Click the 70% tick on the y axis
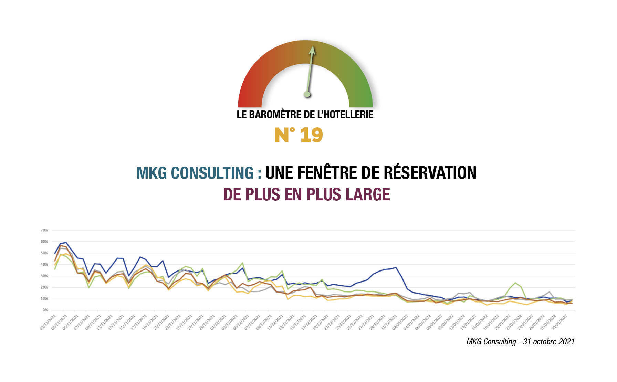(44, 230)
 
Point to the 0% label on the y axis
(45, 310)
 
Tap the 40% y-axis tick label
(44, 264)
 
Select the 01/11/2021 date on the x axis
(48, 322)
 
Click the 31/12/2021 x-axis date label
(389, 322)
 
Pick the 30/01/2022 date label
(560, 322)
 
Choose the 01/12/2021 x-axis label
(219, 322)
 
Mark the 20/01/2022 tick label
(503, 322)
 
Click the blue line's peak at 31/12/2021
(396, 267)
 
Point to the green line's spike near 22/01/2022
(515, 283)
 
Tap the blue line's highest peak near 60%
(66, 243)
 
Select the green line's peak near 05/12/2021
(243, 263)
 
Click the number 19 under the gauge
(312, 135)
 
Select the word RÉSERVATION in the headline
(430, 173)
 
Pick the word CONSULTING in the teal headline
(212, 173)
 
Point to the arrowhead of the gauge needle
(312, 50)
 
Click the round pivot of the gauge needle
(307, 94)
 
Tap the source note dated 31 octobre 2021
(520, 341)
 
